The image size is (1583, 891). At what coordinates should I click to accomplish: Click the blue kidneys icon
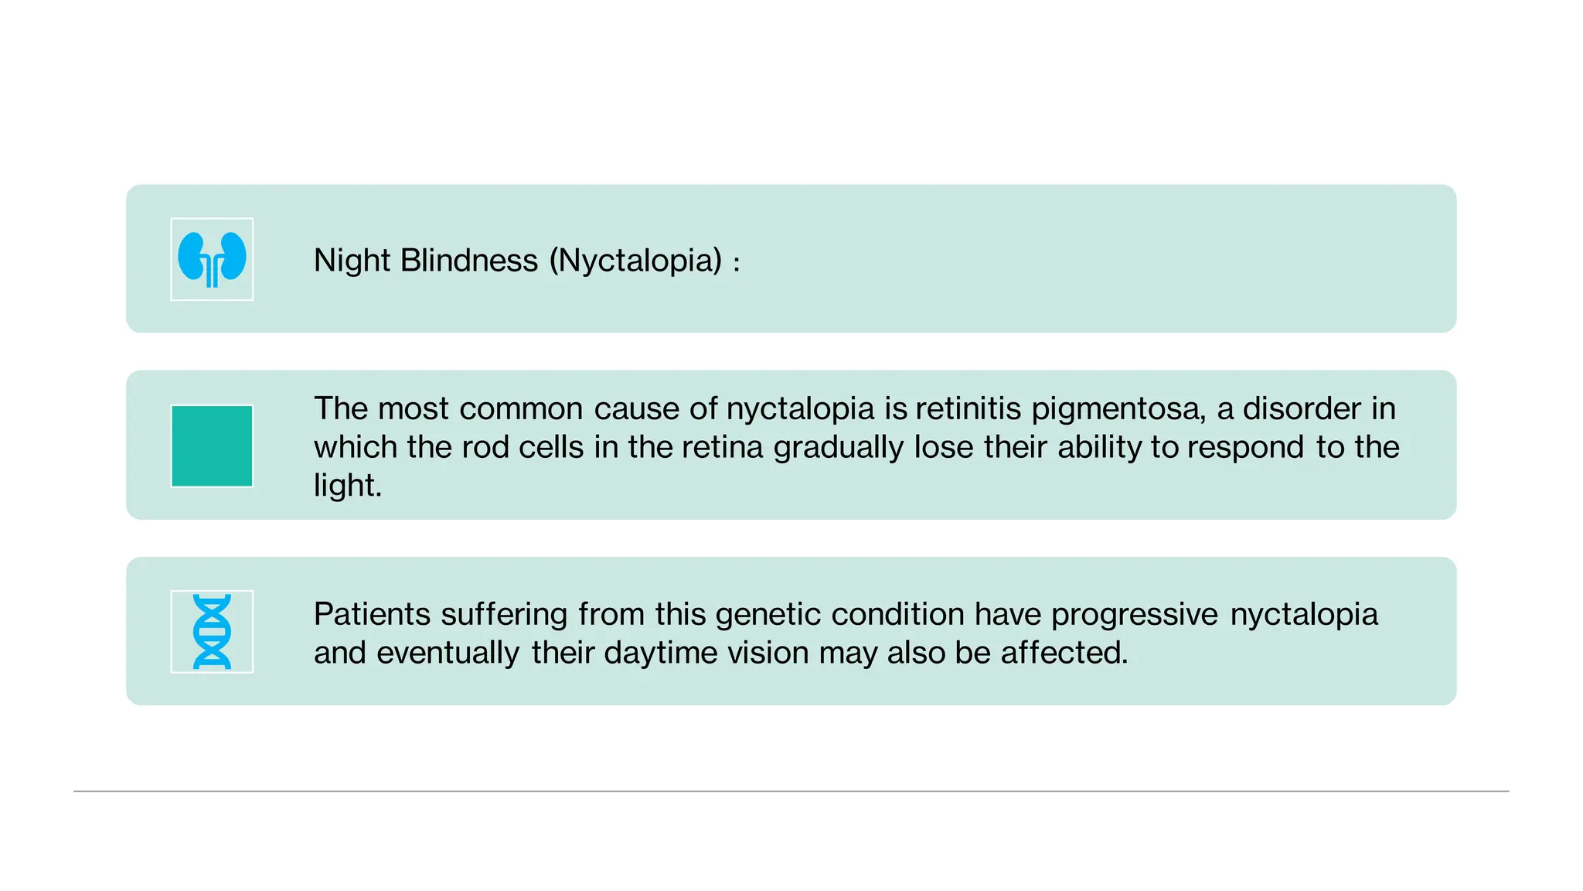(212, 259)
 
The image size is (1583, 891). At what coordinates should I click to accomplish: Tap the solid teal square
(212, 446)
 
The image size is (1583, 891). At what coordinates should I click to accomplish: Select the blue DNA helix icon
(212, 631)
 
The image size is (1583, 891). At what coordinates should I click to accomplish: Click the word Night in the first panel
(352, 261)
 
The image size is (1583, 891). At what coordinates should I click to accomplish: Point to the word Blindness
(468, 261)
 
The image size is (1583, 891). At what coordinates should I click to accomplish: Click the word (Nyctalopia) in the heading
(635, 261)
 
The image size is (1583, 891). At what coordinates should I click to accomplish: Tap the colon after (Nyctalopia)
(737, 263)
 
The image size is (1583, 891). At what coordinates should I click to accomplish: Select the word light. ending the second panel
(348, 486)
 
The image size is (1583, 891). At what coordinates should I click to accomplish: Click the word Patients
(372, 615)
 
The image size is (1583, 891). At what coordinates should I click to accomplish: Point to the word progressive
(1135, 615)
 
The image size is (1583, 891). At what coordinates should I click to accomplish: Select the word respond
(1246, 448)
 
